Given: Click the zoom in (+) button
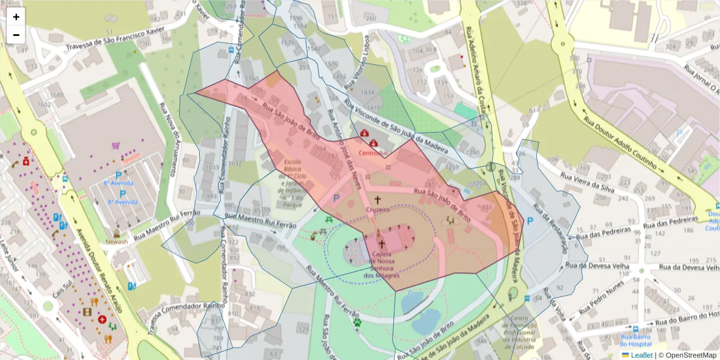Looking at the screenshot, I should pos(16,17).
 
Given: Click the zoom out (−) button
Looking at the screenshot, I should pos(16,35).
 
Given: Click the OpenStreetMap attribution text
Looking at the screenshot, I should pos(687,355).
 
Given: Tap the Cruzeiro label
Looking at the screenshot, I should pos(378,209).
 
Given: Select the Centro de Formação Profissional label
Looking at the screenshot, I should pos(519,333).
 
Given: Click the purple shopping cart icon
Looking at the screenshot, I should pos(115,145).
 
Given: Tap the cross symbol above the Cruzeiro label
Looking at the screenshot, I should pos(378,200).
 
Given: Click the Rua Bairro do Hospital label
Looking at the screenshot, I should pos(635,340).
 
